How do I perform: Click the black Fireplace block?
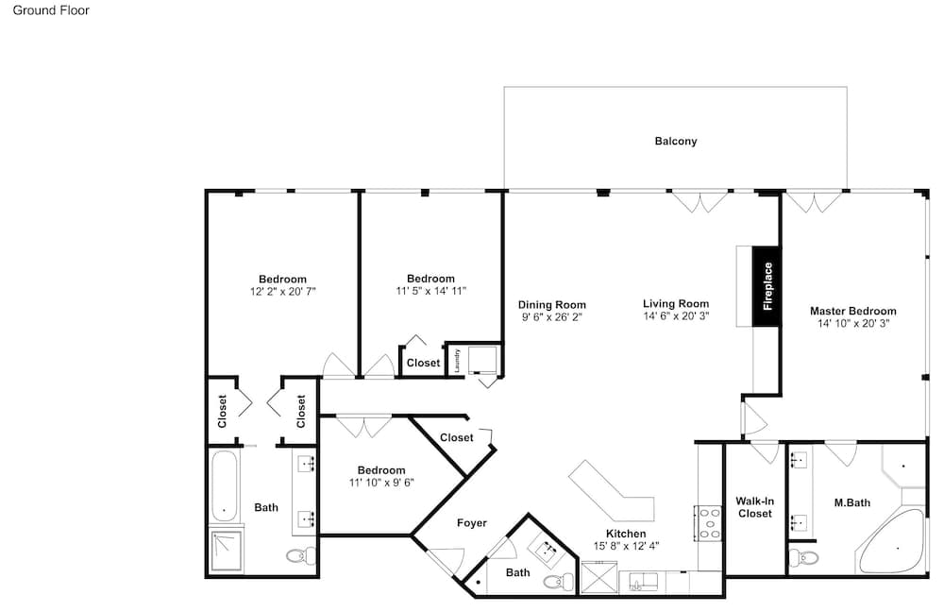pos(767,287)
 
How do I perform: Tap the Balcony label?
pos(676,141)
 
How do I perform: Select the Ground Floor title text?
pos(51,10)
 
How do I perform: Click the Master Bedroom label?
pos(852,311)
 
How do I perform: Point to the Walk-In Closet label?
pos(755,507)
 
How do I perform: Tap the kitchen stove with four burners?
pos(708,523)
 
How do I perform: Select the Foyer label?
pos(471,523)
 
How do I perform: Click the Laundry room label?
pos(457,360)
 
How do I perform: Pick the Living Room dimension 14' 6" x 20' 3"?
pos(676,315)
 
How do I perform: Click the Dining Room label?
pos(551,305)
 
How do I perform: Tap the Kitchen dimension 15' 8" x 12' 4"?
pos(626,546)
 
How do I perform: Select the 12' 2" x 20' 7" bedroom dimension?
pos(283,292)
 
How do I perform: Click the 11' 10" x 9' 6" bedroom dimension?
pos(381,483)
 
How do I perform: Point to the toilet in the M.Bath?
pos(803,556)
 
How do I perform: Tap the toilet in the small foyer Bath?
pos(559,581)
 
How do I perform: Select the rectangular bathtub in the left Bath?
pos(225,486)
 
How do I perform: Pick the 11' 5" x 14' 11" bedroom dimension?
pos(430,291)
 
